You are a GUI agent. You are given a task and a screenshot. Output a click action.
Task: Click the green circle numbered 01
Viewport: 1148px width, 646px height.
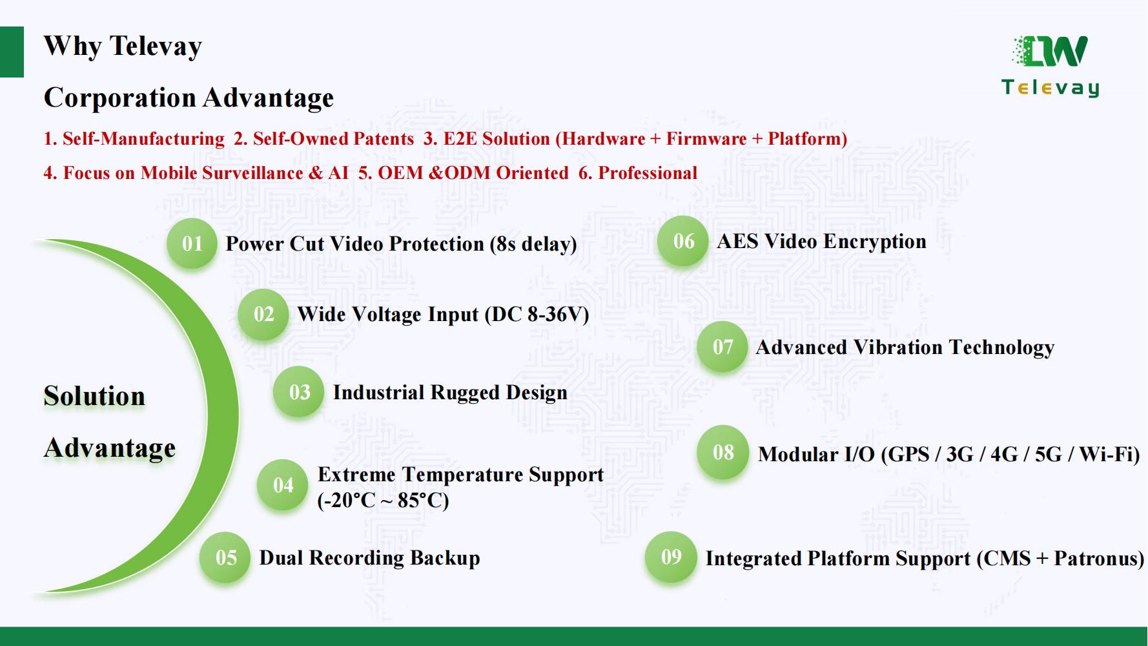tap(192, 244)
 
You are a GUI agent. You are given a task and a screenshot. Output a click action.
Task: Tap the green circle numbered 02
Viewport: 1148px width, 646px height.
tap(263, 314)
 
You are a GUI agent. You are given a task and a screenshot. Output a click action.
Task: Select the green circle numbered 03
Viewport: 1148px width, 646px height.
tap(299, 392)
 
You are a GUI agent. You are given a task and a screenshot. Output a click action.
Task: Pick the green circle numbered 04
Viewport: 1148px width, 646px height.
tap(283, 485)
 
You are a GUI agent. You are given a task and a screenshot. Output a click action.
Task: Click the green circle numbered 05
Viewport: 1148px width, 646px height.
tap(225, 557)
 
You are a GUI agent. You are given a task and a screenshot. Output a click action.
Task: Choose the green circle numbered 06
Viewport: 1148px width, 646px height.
tap(683, 242)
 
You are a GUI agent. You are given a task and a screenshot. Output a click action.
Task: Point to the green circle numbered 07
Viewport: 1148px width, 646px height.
tap(723, 347)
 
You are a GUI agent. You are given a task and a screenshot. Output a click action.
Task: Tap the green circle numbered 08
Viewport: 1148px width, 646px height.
tap(723, 452)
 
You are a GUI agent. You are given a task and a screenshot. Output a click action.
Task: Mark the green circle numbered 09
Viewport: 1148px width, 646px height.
tap(671, 557)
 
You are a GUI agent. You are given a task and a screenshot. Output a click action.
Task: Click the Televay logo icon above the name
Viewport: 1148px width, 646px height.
tap(1051, 51)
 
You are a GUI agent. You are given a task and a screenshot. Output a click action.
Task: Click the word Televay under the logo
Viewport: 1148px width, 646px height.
tap(1051, 88)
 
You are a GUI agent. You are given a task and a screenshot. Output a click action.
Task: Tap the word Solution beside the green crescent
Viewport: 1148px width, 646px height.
tap(94, 396)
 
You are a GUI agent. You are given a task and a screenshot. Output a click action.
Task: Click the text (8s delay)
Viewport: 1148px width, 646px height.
tap(533, 244)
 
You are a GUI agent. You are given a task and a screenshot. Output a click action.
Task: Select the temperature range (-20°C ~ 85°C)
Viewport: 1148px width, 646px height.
tap(383, 501)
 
